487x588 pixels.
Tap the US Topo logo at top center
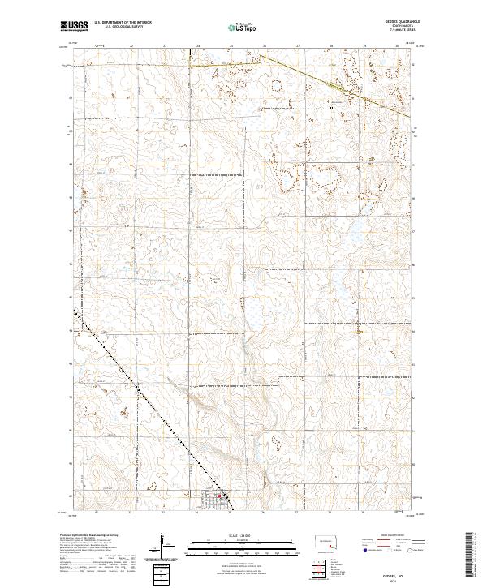243,27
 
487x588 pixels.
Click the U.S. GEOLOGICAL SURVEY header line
119,28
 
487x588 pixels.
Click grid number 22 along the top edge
131,45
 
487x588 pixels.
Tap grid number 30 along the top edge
397,45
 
